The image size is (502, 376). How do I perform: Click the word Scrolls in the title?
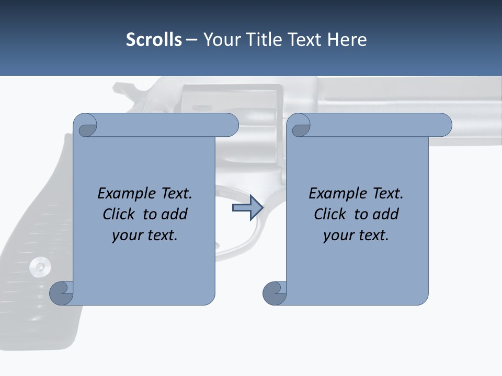coord(154,40)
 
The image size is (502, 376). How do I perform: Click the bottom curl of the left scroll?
coord(62,293)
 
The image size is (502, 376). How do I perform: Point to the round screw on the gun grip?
coord(39,267)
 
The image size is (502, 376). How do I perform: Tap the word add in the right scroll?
coord(386,215)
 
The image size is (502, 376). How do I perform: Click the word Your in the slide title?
coord(220,40)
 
